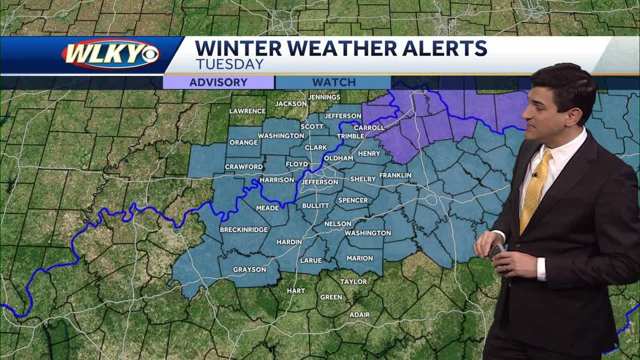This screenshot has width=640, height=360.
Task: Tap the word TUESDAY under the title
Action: [x=229, y=65]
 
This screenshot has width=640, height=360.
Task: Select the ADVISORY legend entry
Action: [x=218, y=83]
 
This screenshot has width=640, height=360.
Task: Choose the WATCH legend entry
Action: [x=334, y=83]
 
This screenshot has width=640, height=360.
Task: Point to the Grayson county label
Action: [x=249, y=269]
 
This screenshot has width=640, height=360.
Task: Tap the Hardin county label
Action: [x=289, y=242]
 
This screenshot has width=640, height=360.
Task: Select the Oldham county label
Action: [x=338, y=158]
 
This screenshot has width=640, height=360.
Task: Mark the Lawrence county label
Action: [x=247, y=111]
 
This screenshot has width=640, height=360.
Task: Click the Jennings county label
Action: [x=324, y=97]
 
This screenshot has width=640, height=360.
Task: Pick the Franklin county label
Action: [x=395, y=175]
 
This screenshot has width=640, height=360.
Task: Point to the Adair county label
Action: [x=359, y=315]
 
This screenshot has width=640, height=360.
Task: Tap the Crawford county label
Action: [x=244, y=166]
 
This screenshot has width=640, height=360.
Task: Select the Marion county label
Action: [x=359, y=258]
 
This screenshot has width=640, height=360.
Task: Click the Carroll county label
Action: [x=369, y=127]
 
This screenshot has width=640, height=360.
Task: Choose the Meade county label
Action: [x=267, y=207]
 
